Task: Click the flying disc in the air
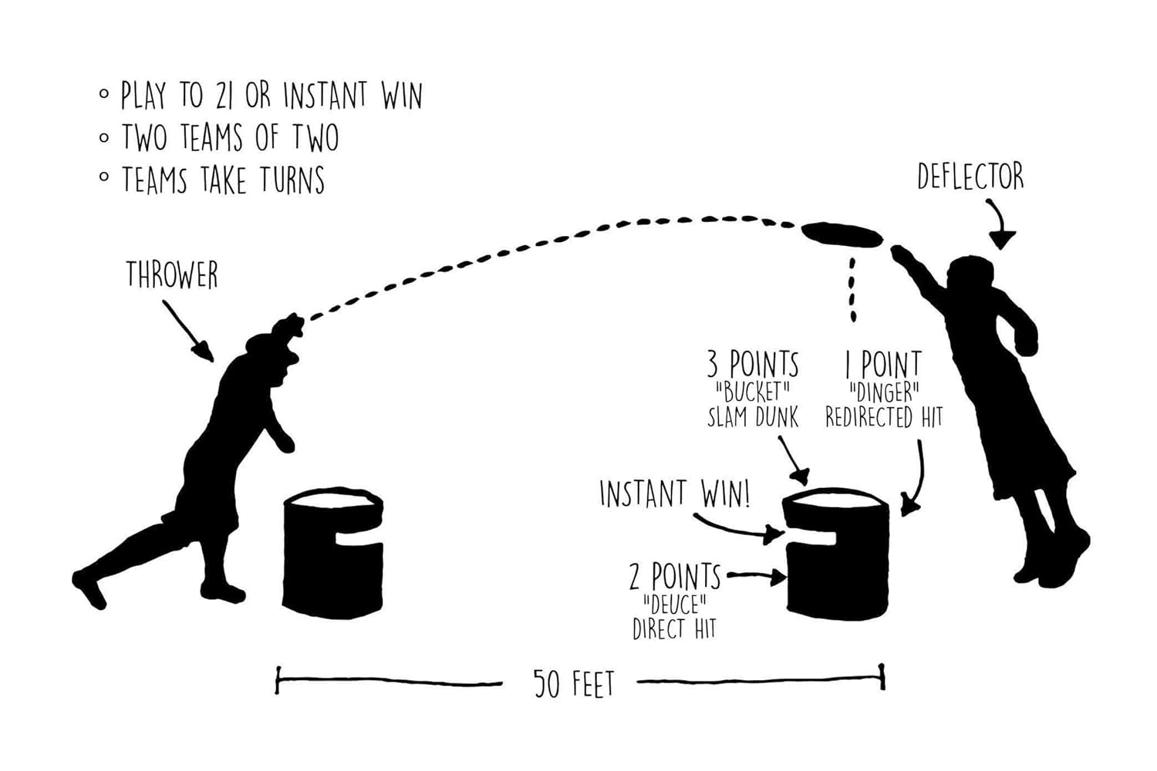[x=842, y=234]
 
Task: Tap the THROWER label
[x=172, y=275]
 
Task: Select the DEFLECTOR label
[x=970, y=177]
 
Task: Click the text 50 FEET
[x=574, y=683]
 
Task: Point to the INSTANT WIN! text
[x=674, y=493]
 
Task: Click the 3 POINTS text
[x=753, y=363]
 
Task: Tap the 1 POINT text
[x=883, y=364]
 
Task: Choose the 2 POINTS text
[x=675, y=576]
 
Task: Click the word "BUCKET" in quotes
[x=753, y=392]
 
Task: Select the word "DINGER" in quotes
[x=883, y=392]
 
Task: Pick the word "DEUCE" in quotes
[x=675, y=603]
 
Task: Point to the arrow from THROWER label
[x=190, y=332]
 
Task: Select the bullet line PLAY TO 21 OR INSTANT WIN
[x=271, y=96]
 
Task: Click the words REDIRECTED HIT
[x=883, y=418]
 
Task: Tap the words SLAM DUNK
[x=753, y=418]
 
